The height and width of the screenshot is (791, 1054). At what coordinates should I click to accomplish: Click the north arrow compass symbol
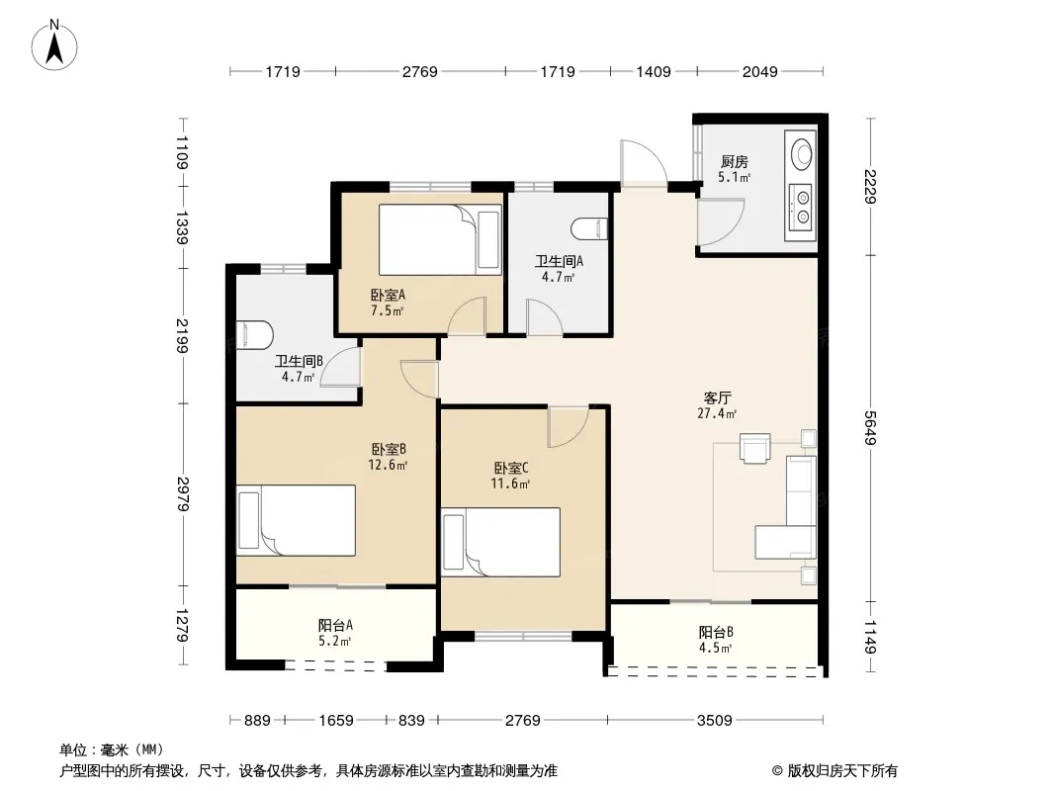coord(54,45)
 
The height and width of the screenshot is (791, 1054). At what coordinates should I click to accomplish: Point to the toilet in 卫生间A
coord(589,229)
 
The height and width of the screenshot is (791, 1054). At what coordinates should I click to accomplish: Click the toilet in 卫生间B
coord(255,334)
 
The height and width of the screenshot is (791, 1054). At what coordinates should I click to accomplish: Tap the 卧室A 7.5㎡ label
coord(388,303)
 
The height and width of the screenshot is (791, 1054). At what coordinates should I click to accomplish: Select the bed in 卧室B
coord(296,520)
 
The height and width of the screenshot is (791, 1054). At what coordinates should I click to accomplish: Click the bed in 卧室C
coord(500,543)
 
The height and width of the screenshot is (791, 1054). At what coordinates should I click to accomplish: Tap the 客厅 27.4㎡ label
coord(717,406)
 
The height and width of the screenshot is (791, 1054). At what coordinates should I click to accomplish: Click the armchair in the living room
coord(754,448)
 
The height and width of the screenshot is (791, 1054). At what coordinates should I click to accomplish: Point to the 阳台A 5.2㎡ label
coord(335,633)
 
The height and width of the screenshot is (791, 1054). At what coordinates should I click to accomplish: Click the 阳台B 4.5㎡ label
coord(716,640)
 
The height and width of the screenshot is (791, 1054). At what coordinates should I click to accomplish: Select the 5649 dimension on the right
coord(871,428)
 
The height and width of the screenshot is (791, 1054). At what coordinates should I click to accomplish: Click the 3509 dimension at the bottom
coord(715,721)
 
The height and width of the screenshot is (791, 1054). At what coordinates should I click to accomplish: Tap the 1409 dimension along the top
coord(654,71)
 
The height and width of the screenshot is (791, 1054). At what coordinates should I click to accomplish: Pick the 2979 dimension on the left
coord(183,494)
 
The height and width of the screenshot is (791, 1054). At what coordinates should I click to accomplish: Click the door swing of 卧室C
coord(568,427)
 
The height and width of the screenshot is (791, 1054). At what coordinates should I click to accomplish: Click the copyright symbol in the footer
coord(777,771)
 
